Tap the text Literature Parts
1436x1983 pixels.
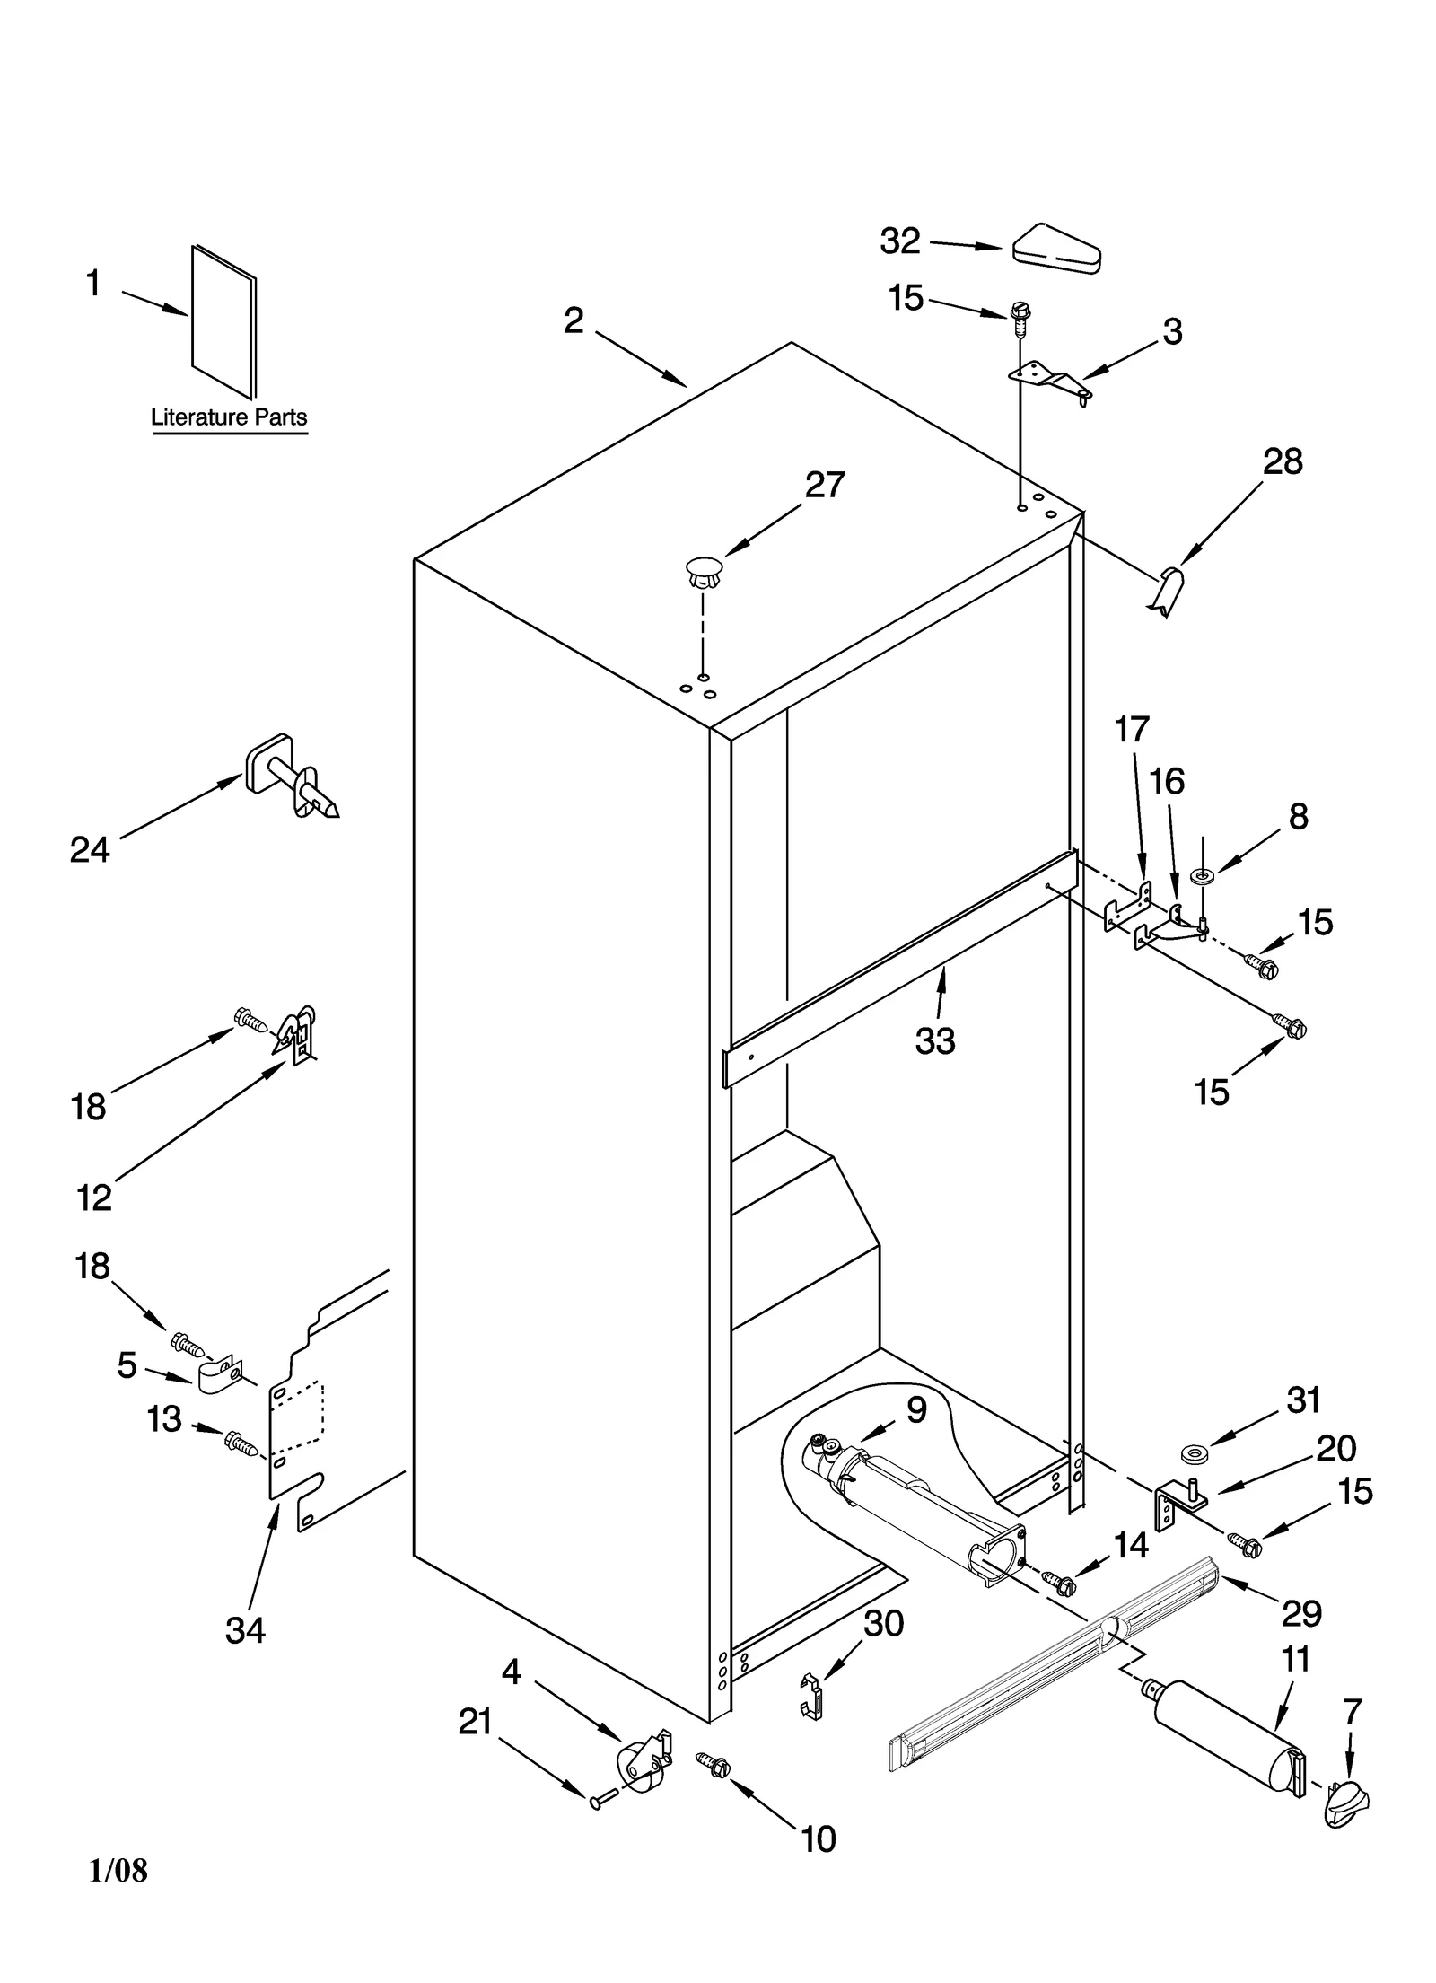[x=228, y=417]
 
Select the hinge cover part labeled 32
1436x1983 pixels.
[x=1057, y=248]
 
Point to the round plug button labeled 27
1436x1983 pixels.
[x=703, y=571]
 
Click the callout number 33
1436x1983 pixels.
[x=934, y=1041]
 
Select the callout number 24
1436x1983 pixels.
[x=90, y=849]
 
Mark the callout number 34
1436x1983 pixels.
[x=245, y=1629]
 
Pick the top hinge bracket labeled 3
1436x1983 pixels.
[x=1048, y=379]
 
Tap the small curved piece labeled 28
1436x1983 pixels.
[x=1168, y=590]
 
